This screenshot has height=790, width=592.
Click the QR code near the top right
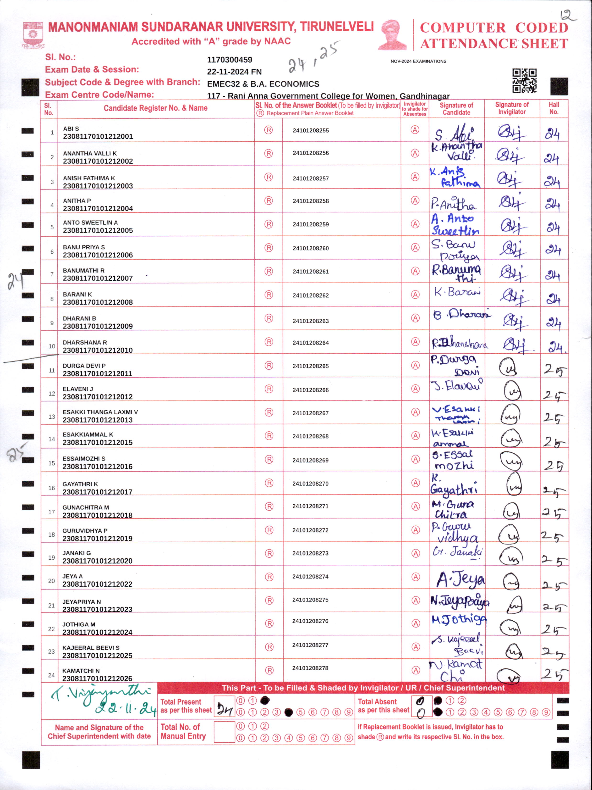coord(524,81)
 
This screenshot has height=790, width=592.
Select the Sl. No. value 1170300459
coord(230,60)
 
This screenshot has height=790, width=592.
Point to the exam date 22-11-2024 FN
coord(234,72)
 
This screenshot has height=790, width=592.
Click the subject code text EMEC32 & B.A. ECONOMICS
coord(263,84)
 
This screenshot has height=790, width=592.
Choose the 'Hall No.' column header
coord(554,108)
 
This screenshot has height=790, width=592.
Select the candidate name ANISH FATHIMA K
coord(89,178)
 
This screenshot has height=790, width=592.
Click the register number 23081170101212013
coord(97,420)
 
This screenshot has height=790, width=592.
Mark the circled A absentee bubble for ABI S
coord(415,130)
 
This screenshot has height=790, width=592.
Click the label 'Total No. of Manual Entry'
coord(183,731)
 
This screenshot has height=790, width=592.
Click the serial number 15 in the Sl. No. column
coord(51,463)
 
